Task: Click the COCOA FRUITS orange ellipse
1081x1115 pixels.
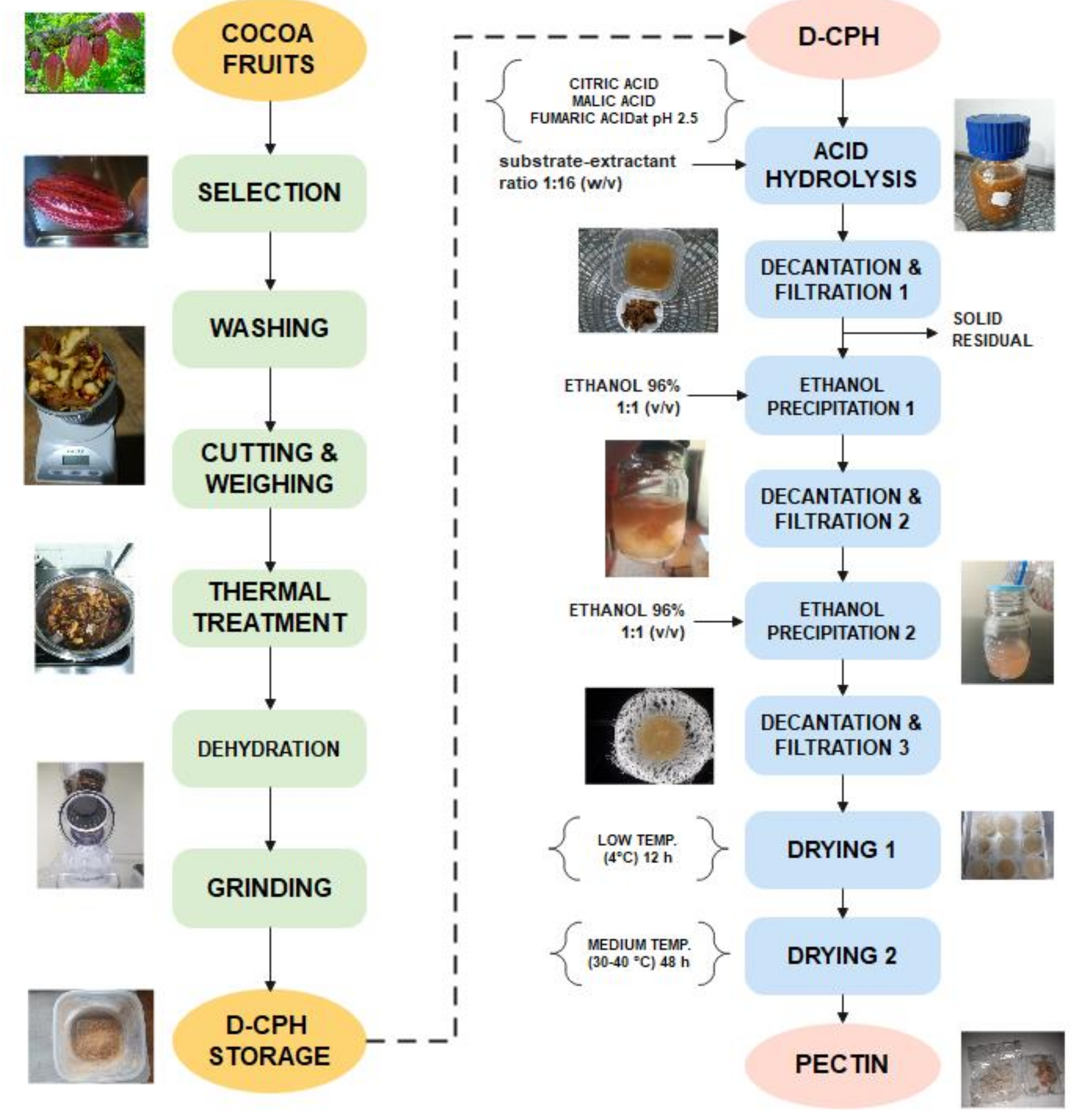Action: click(x=269, y=49)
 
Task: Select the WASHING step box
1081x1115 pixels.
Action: click(x=269, y=328)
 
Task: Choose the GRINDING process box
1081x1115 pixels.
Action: click(x=269, y=887)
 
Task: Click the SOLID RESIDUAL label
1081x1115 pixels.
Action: click(x=991, y=330)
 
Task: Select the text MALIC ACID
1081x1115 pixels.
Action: click(x=613, y=101)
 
